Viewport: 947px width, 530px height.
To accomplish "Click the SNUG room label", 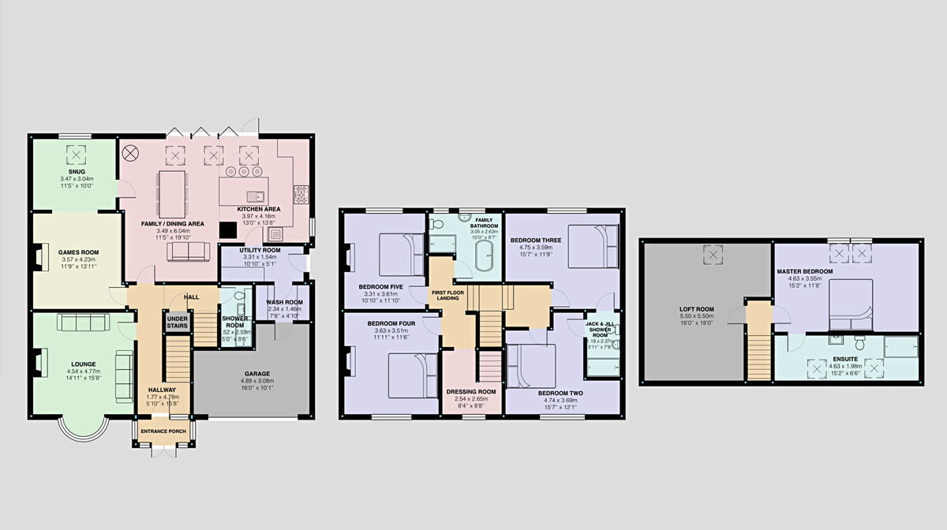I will (x=77, y=171).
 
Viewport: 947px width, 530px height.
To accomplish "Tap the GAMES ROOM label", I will (x=77, y=252).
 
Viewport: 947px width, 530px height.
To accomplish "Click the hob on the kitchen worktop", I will (x=301, y=194).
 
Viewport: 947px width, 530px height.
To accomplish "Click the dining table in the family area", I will (x=172, y=190).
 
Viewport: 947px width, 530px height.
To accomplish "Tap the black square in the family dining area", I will (x=228, y=229).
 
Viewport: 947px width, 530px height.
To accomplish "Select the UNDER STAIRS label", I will (x=177, y=323).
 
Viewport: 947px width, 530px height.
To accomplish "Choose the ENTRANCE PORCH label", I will (x=163, y=431).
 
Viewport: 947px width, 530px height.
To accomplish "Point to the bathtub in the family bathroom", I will (x=482, y=258).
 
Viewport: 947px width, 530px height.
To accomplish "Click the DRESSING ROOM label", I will (x=471, y=391).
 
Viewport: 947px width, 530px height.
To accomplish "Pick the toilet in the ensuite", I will (x=861, y=343).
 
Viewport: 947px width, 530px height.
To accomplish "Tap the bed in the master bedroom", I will (x=850, y=304).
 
